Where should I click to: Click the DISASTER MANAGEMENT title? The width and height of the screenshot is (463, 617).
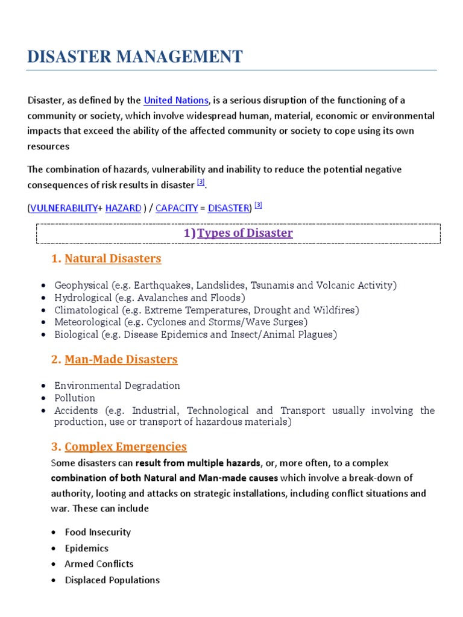pos(135,57)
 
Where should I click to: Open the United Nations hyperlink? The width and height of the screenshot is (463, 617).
pos(176,100)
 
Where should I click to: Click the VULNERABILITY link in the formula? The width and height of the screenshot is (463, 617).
pos(63,208)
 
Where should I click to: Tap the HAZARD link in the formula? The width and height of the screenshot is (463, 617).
pos(123,208)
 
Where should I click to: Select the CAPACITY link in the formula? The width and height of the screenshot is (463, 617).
pos(177,208)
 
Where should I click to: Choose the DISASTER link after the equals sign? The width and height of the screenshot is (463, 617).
pos(228,208)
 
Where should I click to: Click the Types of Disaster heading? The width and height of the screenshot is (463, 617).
pos(245,233)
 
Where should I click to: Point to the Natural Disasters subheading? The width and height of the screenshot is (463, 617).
pos(113,258)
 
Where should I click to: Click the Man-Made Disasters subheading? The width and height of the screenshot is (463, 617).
pos(121,359)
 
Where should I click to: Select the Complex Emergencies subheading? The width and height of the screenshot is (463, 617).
pos(125,446)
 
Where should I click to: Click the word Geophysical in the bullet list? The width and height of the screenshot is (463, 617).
pos(80,285)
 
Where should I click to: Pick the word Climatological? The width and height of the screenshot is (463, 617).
pos(86,310)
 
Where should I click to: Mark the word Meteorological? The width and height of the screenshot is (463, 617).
pos(87,322)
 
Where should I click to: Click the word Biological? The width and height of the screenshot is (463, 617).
pos(76,334)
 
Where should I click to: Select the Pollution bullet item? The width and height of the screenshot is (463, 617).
pos(75,398)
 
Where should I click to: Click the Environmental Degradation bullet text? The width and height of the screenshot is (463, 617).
pos(117,386)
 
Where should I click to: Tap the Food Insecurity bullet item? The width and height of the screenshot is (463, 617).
pos(98,532)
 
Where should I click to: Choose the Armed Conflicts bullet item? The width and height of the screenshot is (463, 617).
pos(99,564)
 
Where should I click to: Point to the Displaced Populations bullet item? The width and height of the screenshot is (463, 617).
pos(112,580)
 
